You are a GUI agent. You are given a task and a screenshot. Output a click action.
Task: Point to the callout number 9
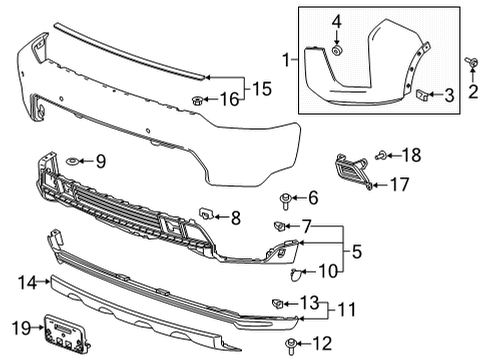coord(99,160)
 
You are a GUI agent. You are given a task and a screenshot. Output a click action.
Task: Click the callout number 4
coord(337,20)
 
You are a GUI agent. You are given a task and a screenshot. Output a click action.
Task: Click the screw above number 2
coord(470,63)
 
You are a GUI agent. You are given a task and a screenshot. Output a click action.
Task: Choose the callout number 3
coord(449,95)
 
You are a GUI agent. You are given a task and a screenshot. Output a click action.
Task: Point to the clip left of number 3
coord(424,95)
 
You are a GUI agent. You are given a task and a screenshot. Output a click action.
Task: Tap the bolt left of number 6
coord(286,197)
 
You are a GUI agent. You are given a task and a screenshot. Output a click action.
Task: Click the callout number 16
coord(229,99)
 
